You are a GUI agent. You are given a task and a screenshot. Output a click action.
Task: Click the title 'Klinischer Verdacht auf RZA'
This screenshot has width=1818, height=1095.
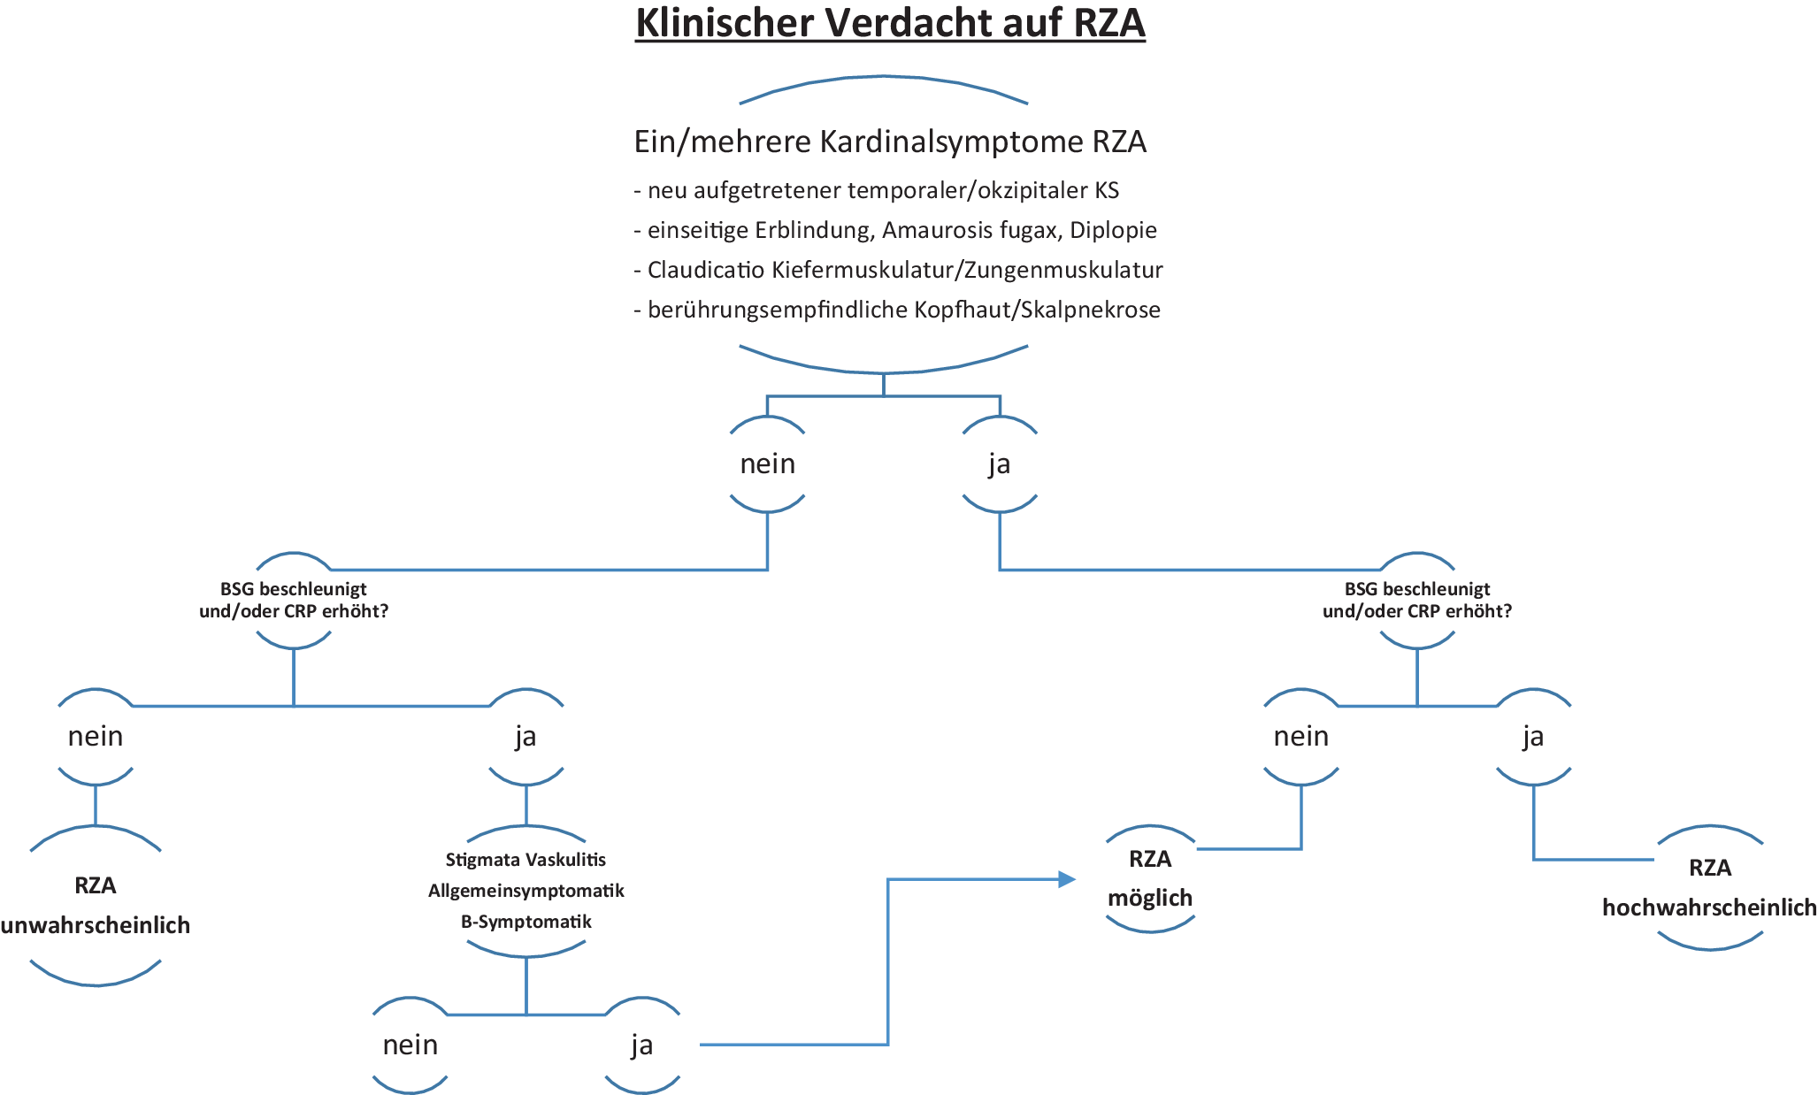pos(890,23)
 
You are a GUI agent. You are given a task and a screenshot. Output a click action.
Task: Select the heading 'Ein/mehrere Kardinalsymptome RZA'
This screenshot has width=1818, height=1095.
pos(890,142)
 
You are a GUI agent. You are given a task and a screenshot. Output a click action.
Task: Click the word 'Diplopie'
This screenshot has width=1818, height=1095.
pos(1113,230)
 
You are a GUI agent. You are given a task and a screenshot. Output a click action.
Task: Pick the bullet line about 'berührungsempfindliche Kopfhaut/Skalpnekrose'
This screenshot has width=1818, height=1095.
pos(897,310)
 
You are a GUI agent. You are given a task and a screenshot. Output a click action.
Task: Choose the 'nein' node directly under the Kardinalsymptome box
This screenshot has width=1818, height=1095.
pos(767,464)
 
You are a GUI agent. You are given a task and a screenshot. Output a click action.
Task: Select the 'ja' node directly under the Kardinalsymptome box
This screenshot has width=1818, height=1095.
pos(1000,464)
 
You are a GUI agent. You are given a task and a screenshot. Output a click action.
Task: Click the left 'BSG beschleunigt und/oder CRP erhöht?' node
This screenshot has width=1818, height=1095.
pos(294,600)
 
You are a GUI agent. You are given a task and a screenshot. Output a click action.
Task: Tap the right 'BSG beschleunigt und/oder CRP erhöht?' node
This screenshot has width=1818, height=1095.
pos(1417,600)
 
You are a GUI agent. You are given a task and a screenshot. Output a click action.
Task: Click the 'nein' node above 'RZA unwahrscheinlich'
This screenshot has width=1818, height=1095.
pos(96,737)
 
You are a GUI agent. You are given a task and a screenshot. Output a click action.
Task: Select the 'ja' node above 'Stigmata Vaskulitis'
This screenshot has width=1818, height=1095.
pos(525,737)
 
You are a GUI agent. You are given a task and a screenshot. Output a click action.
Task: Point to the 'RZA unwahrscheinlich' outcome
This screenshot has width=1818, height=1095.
pos(96,905)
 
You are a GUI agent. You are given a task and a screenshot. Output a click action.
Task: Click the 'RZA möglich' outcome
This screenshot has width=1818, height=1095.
pos(1150,878)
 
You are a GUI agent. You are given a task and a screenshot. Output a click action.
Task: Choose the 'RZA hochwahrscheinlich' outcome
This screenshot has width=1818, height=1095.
pos(1709,887)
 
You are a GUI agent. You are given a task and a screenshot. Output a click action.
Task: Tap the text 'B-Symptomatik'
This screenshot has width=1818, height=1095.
pos(525,922)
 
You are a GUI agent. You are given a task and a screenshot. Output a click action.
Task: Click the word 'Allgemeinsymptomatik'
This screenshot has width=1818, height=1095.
pos(525,891)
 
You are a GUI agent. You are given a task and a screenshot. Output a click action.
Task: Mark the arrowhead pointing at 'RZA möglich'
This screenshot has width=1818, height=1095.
pos(1067,879)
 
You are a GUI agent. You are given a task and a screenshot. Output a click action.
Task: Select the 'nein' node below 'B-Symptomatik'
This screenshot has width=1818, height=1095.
pos(410,1045)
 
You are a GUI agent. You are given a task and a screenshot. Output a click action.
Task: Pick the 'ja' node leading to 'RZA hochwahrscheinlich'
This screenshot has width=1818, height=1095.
pos(1533,737)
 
